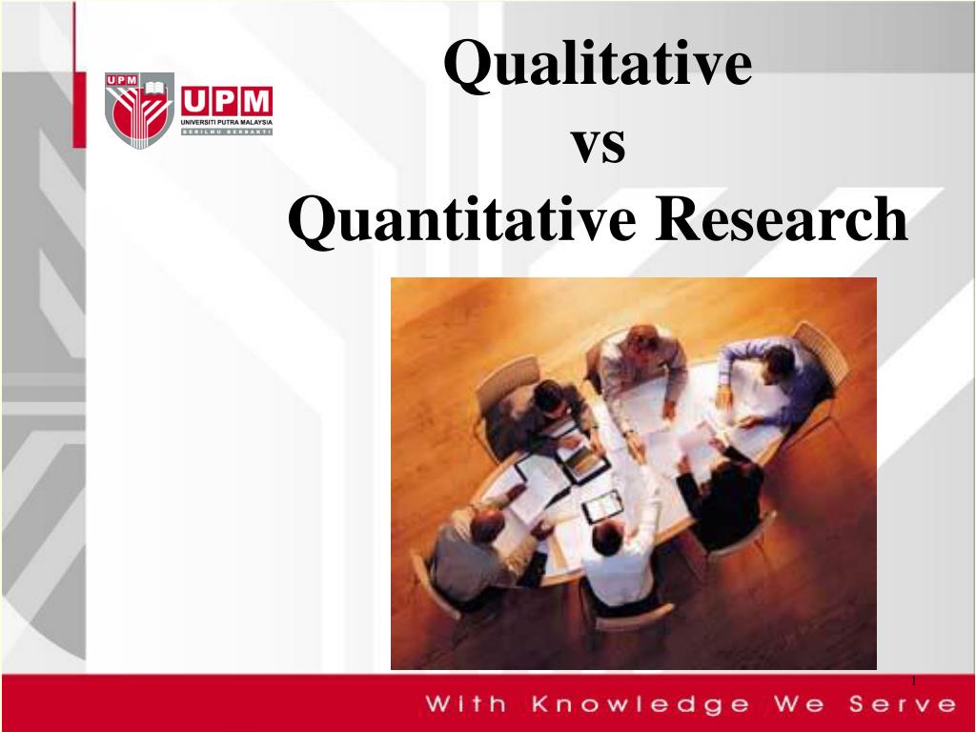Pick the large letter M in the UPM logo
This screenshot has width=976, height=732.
click(x=256, y=101)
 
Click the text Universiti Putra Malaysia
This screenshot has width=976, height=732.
click(x=227, y=122)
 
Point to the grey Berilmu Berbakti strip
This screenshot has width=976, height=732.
click(x=227, y=131)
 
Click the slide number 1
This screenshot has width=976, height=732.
click(x=913, y=680)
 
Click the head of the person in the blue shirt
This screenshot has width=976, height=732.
click(x=779, y=360)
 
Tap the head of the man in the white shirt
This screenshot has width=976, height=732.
click(x=606, y=539)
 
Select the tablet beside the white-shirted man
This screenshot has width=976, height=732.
click(x=602, y=504)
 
